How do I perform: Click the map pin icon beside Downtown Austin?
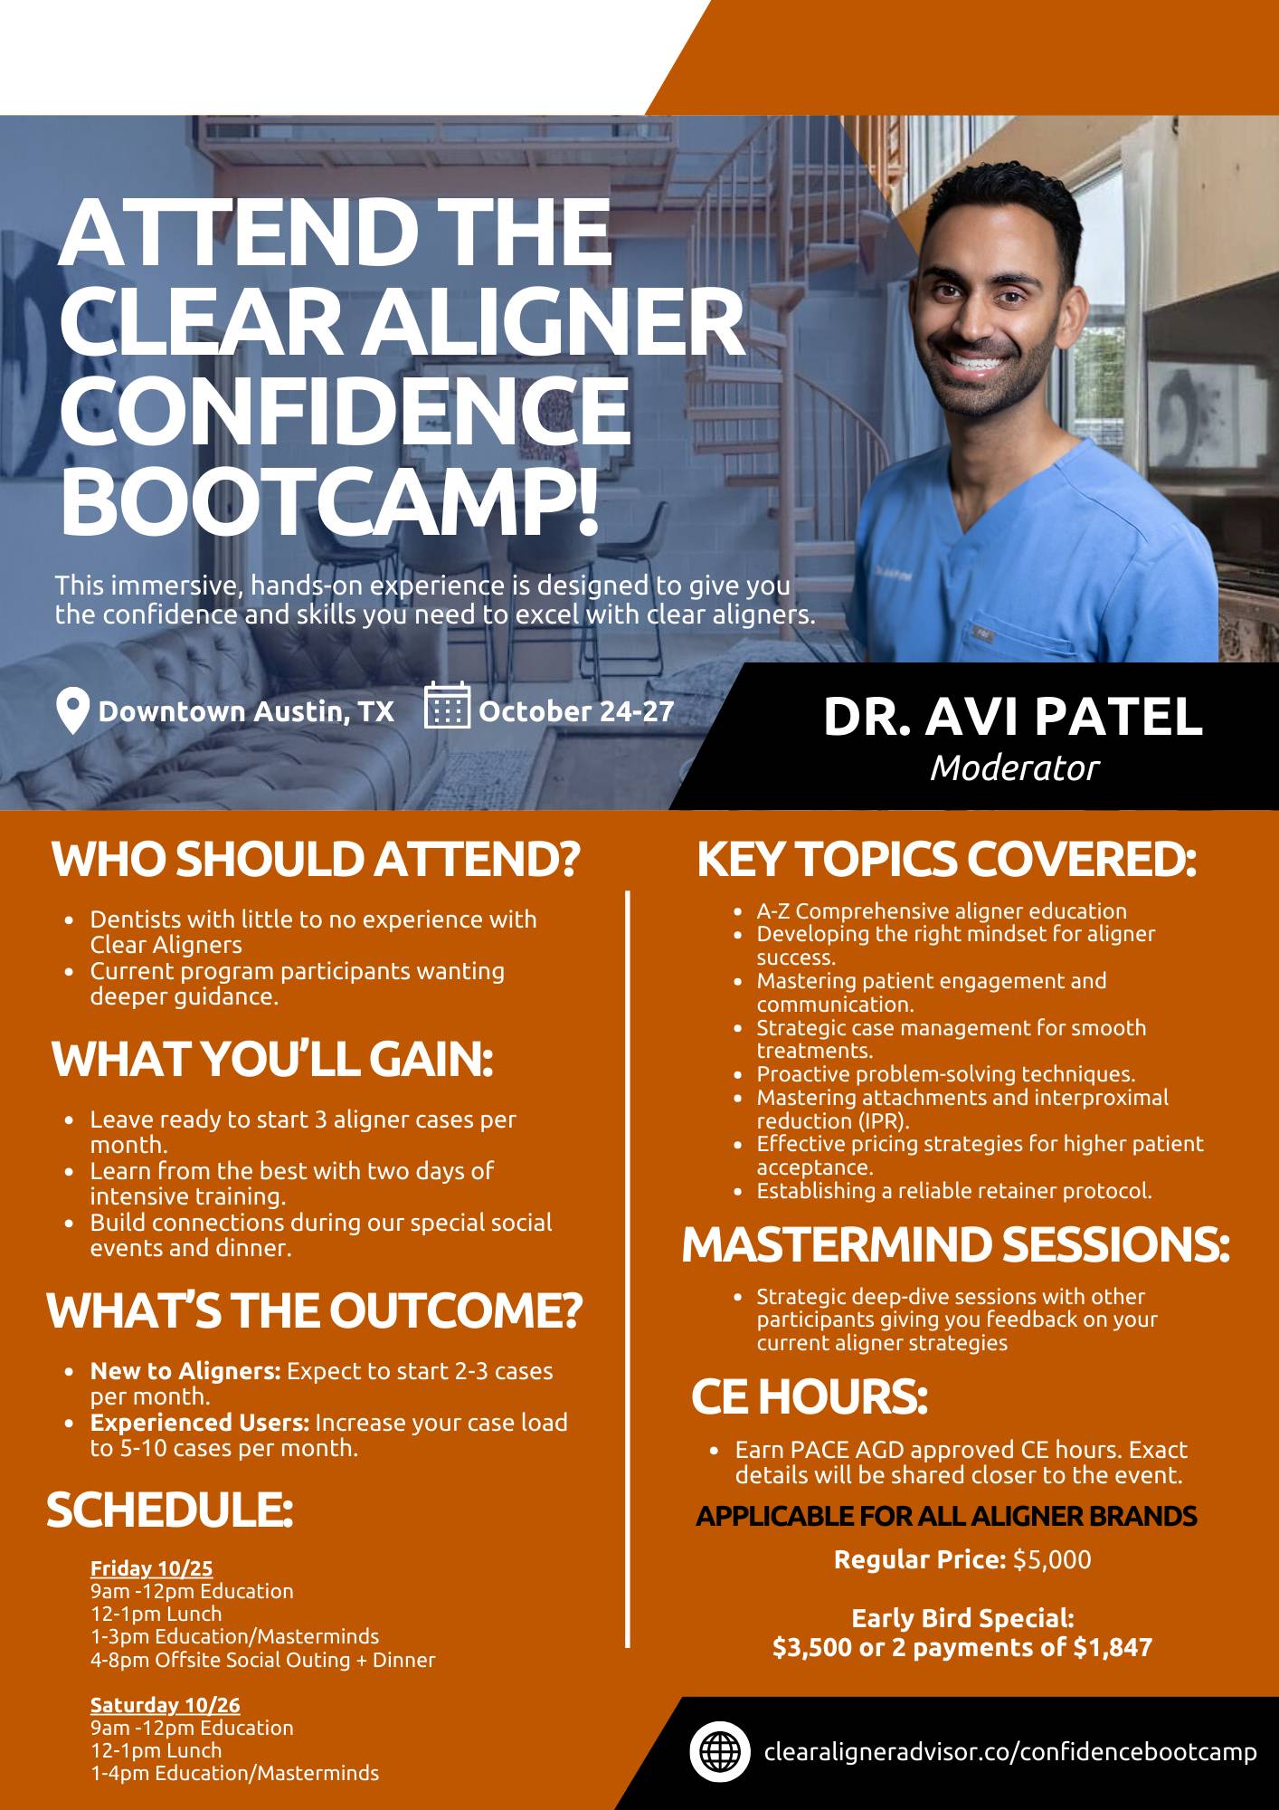click(x=72, y=711)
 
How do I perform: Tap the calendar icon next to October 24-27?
click(x=447, y=705)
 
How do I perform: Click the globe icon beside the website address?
click(x=720, y=1752)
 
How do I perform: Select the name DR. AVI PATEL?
click(x=1013, y=716)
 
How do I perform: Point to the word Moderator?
click(x=1014, y=768)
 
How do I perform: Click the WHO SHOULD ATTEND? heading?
click(x=315, y=860)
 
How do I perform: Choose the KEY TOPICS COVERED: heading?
click(x=946, y=860)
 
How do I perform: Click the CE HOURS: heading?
click(x=810, y=1396)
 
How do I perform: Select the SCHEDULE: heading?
click(x=170, y=1510)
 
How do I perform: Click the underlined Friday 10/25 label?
click(x=151, y=1568)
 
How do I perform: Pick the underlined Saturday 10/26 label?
click(x=166, y=1706)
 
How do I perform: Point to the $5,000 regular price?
click(x=1052, y=1560)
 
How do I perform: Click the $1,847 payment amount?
click(x=1113, y=1647)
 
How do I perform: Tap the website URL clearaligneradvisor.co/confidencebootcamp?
click(x=1010, y=1752)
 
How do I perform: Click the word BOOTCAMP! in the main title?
click(x=329, y=495)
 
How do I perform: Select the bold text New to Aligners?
click(x=185, y=1371)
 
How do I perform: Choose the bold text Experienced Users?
click(x=200, y=1423)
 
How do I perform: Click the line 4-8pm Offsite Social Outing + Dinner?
click(x=262, y=1660)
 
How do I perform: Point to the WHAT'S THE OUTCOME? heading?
click(x=315, y=1310)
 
